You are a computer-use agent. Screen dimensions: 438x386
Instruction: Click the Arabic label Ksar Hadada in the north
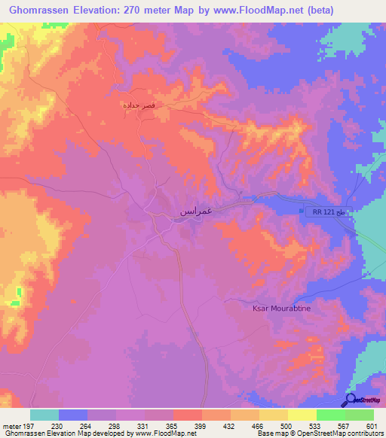[x=139, y=106]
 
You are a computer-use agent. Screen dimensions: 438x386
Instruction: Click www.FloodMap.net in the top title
[x=264, y=11]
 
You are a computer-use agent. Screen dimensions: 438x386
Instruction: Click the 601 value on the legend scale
[x=371, y=426]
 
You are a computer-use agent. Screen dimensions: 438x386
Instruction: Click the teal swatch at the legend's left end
[x=44, y=415]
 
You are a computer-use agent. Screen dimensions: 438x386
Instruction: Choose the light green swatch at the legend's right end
[x=360, y=415]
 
